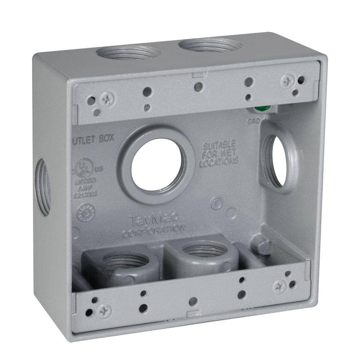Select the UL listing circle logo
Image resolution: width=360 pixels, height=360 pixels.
point(85,167)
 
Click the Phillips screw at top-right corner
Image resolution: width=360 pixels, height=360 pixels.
point(288,81)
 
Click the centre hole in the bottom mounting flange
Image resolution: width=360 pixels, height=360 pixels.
point(193,300)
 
